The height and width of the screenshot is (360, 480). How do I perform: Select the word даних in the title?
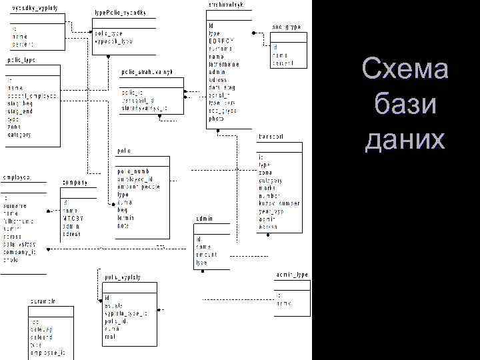tap(405, 140)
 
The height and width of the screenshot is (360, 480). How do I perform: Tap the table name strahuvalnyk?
tap(225, 5)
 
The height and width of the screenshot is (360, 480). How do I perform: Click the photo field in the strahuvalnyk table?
tap(216, 118)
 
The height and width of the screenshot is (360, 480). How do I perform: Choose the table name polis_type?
tap(21, 60)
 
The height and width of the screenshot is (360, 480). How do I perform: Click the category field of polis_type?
tap(19, 135)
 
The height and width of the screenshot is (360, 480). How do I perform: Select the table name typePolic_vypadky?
tap(121, 13)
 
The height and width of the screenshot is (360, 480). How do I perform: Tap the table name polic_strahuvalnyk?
tap(147, 71)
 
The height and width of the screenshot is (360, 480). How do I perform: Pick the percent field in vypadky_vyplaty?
tap(22, 44)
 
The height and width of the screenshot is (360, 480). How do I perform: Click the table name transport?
tap(271, 137)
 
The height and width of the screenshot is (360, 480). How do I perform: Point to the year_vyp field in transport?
tap(273, 211)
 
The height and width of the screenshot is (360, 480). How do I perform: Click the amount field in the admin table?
tap(207, 255)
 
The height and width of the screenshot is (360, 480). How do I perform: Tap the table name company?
tap(75, 183)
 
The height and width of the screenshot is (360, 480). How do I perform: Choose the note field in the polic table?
tap(124, 225)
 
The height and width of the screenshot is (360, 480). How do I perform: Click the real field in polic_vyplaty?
tap(109, 336)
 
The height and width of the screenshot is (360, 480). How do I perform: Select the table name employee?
tap(17, 177)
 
